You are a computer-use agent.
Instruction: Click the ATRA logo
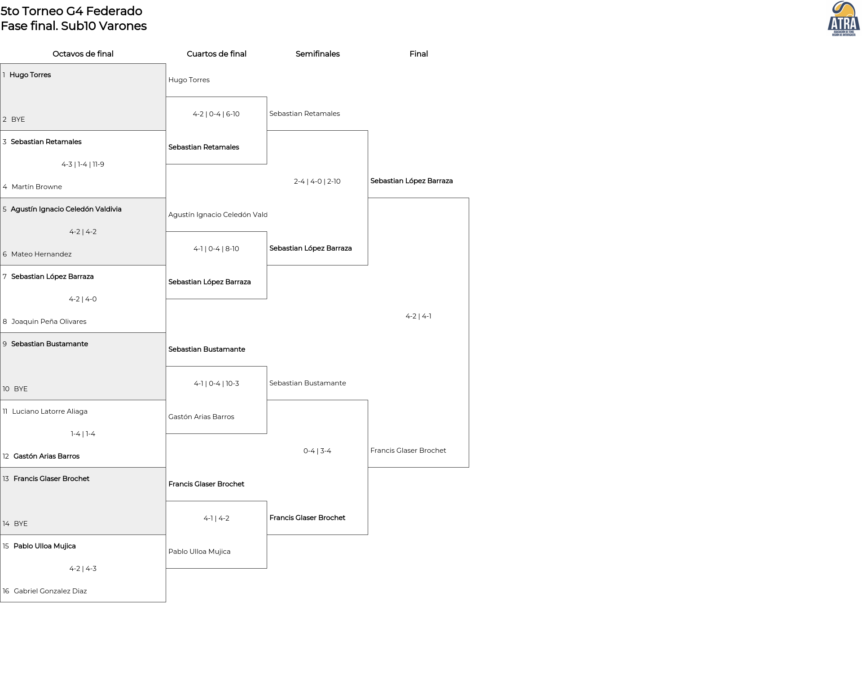(844, 19)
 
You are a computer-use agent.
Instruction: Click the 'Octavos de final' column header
(83, 54)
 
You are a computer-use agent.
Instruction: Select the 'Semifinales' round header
(317, 54)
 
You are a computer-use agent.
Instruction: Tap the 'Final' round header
(418, 54)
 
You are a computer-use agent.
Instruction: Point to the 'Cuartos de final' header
(216, 54)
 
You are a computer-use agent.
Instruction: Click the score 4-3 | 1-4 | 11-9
(83, 164)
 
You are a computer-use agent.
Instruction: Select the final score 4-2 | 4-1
(418, 316)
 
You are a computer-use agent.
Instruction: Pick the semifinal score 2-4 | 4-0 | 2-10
(317, 181)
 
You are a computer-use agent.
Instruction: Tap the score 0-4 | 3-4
(317, 451)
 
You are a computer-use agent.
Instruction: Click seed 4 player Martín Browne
(37, 187)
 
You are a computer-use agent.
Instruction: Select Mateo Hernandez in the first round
(41, 254)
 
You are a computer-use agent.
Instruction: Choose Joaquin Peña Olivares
(49, 322)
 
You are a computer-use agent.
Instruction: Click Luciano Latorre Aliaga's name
(50, 411)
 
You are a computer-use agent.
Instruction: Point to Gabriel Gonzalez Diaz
(50, 591)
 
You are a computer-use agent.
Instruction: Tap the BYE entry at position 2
(18, 119)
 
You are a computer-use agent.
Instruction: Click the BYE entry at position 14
(21, 524)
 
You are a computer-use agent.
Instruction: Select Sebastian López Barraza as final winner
(411, 181)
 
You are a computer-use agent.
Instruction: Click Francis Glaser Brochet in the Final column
(408, 451)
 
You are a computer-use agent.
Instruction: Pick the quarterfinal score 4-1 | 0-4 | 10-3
(216, 384)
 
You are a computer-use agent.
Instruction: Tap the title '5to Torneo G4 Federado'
(71, 11)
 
